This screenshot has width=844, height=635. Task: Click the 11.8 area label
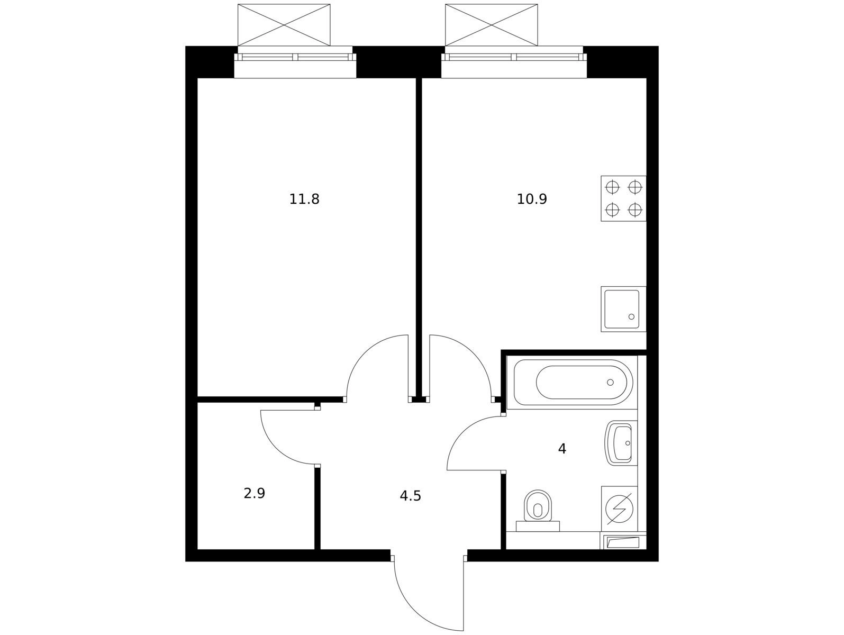[x=304, y=199]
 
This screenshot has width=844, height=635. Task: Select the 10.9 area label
[x=531, y=199]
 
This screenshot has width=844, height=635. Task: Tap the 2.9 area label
[x=254, y=493]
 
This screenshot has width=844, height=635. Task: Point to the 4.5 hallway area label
[x=410, y=496]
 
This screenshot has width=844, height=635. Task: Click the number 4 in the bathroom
[x=562, y=449]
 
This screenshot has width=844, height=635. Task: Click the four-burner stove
[x=624, y=199]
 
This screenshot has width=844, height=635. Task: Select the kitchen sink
[x=624, y=309]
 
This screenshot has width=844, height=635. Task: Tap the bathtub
[x=573, y=383]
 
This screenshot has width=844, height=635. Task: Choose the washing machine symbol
[x=619, y=509]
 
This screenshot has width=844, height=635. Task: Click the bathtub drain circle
[x=610, y=383]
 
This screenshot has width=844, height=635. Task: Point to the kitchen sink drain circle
[x=631, y=317]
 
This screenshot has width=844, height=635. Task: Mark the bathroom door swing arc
[x=464, y=433]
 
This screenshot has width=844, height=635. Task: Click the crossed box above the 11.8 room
[x=284, y=25]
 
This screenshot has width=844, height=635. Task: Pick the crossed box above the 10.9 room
[x=492, y=25]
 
